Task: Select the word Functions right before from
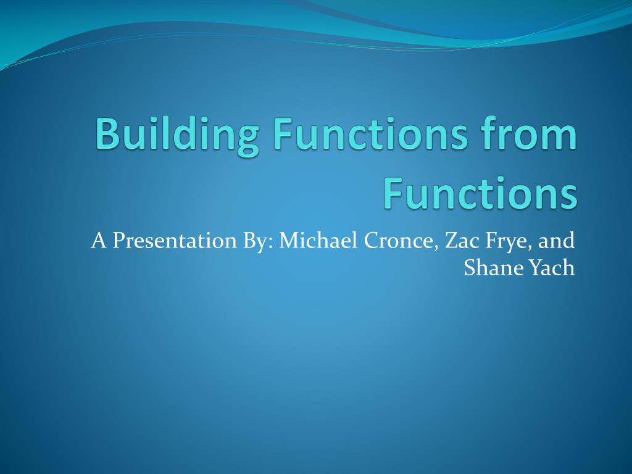(369, 135)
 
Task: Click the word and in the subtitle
(557, 239)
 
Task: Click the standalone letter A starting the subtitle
(98, 240)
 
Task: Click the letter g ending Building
(247, 138)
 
